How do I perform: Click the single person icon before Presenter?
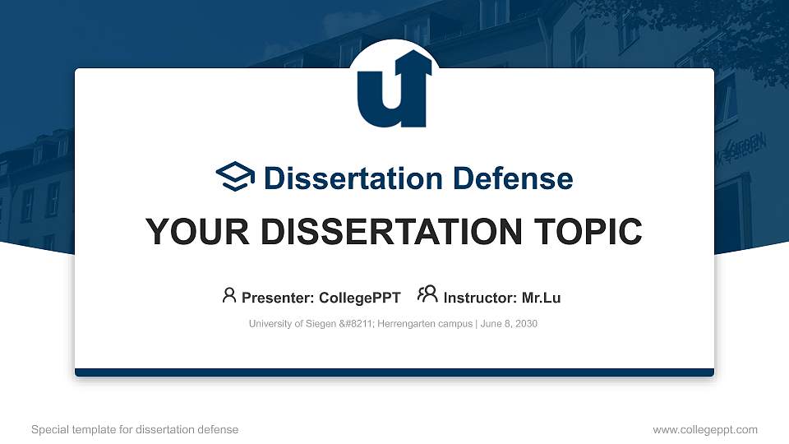229,295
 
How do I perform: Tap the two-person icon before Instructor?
427,295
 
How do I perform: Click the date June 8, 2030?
509,324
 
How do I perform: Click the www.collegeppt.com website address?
704,429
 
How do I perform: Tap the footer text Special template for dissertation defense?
135,429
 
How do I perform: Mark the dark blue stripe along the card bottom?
394,372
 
